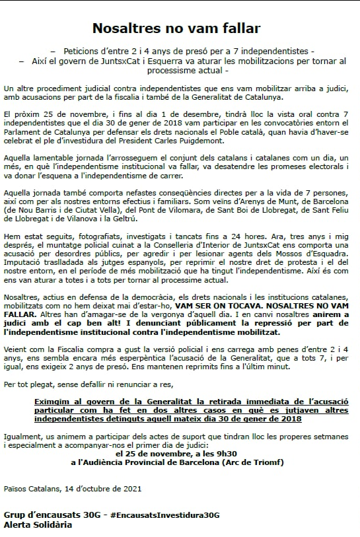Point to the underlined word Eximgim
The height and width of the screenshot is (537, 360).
[54, 402]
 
